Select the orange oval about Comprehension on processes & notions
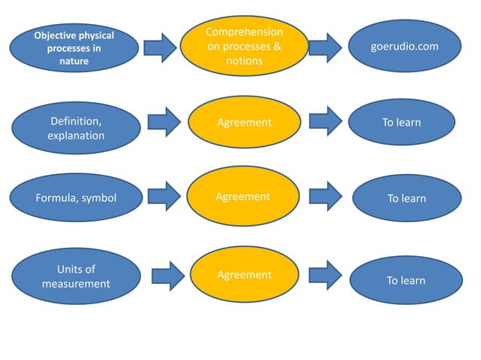(x=244, y=47)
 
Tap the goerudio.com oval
(x=405, y=47)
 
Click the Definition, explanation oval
(x=75, y=128)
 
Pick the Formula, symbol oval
(x=75, y=199)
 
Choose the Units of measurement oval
(x=75, y=276)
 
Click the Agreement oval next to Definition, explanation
(x=244, y=123)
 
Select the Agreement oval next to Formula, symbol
(x=244, y=197)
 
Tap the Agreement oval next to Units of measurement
(x=244, y=275)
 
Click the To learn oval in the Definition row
(x=401, y=123)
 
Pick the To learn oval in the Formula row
(x=406, y=199)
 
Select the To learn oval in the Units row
(x=406, y=281)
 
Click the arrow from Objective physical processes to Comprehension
(x=161, y=47)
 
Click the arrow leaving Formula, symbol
(x=164, y=197)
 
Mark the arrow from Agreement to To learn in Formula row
(x=326, y=197)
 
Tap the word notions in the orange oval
(x=244, y=60)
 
